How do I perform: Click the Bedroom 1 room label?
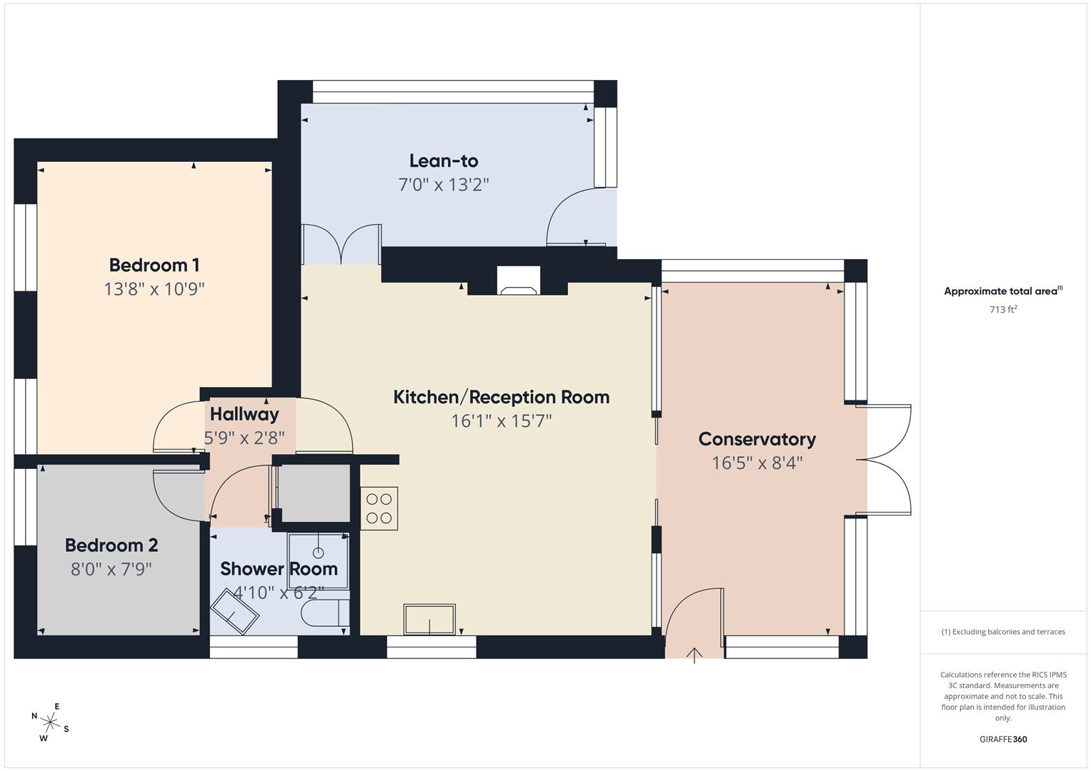point(154,265)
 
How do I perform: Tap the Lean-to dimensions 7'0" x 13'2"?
point(443,185)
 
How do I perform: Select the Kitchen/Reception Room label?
point(501,397)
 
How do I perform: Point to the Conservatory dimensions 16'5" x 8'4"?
point(757,463)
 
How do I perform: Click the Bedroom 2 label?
point(111,545)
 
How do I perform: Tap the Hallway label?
point(244,414)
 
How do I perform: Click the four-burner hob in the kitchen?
point(379,508)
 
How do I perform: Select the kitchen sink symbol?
point(429,619)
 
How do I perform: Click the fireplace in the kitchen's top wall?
point(519,281)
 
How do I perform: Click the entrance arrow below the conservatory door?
point(694,655)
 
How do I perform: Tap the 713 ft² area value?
point(1002,310)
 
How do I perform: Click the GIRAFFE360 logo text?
point(1002,739)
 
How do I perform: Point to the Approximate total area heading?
point(1002,291)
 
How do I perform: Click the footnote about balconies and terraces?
point(1002,632)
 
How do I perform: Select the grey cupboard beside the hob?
point(314,493)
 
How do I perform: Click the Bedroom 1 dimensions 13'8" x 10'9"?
point(154,289)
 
